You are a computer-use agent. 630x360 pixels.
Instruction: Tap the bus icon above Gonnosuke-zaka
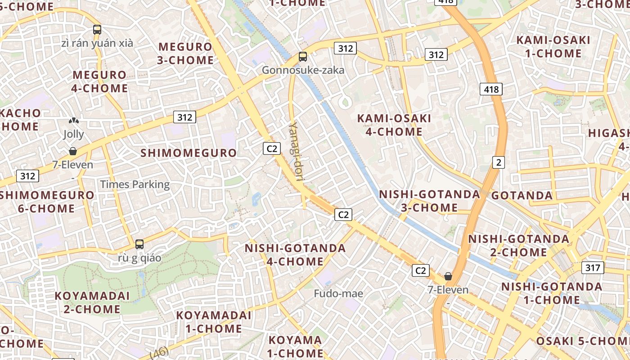303,57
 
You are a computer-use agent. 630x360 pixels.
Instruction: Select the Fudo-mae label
338,294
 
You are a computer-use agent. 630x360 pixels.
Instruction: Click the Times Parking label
135,184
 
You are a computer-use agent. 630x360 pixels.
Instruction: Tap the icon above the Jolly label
73,121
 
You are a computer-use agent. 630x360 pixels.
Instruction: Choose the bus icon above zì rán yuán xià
97,30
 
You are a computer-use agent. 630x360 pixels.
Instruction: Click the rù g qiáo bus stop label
139,258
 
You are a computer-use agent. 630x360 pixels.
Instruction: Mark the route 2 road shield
498,162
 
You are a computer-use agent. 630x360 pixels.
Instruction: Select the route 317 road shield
593,268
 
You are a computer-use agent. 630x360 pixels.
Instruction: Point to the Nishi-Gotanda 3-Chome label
429,201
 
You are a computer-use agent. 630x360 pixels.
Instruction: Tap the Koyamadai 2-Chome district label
92,302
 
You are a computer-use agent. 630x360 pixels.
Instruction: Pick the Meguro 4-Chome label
100,81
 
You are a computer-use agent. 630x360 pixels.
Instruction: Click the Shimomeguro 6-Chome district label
47,202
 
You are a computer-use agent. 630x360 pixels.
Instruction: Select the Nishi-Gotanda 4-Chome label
295,255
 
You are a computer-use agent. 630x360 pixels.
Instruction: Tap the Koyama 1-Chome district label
296,346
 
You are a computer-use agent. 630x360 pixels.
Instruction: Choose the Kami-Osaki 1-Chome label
553,47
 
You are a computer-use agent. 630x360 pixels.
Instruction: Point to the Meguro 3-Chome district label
185,53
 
